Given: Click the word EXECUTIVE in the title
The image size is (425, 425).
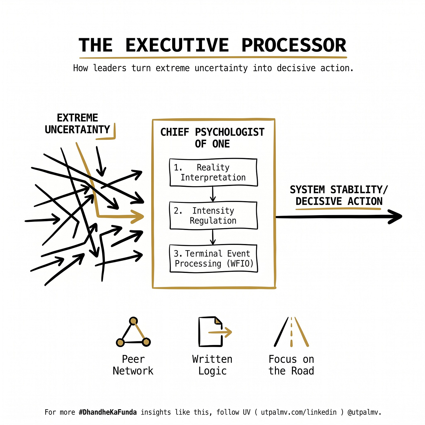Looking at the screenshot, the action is tap(177, 45).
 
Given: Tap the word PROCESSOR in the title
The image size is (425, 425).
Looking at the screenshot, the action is tap(294, 45).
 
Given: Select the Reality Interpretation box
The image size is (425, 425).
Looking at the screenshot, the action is tap(213, 173).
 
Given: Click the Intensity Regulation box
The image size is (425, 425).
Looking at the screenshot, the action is tap(213, 215).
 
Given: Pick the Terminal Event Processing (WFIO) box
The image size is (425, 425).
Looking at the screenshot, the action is tap(213, 259).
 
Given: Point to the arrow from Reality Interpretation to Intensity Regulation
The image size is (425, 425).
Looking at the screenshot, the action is tap(213, 194).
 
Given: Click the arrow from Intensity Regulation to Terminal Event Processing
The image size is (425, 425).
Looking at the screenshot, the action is tap(213, 237).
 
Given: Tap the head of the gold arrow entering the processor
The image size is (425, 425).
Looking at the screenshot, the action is tap(138, 217).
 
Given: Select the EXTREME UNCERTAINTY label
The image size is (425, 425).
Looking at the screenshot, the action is tap(77, 124).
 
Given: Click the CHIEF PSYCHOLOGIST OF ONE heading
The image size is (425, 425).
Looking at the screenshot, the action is tap(212, 138).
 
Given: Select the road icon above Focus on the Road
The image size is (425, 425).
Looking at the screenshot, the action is tap(291, 332).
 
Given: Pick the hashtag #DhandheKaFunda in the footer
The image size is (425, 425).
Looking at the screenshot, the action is tap(108, 412).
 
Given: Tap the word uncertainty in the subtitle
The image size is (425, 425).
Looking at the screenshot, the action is tap(221, 68).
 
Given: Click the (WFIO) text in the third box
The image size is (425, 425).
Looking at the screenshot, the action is tap(240, 264).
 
